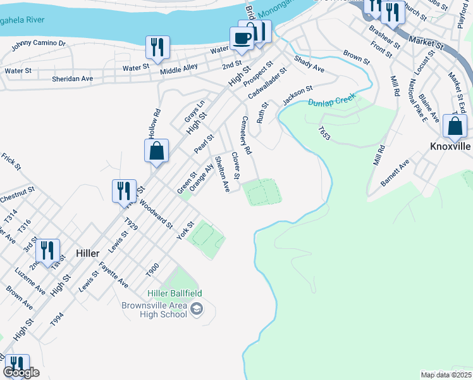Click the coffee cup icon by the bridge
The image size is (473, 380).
click(x=242, y=37)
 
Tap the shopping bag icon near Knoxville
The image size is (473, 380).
click(x=455, y=126)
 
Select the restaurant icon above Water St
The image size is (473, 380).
click(x=156, y=47)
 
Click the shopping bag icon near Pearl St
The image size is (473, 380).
click(x=156, y=151)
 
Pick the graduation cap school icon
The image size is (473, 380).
click(x=197, y=309)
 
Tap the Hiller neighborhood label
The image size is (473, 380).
click(x=87, y=253)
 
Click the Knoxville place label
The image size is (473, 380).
click(x=450, y=146)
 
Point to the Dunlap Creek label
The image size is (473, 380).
click(x=332, y=101)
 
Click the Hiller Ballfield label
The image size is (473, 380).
click(x=175, y=293)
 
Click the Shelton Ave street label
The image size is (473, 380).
click(x=222, y=174)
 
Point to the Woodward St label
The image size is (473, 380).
click(x=156, y=213)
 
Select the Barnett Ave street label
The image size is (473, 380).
click(x=395, y=172)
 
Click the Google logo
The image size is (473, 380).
click(x=21, y=373)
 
